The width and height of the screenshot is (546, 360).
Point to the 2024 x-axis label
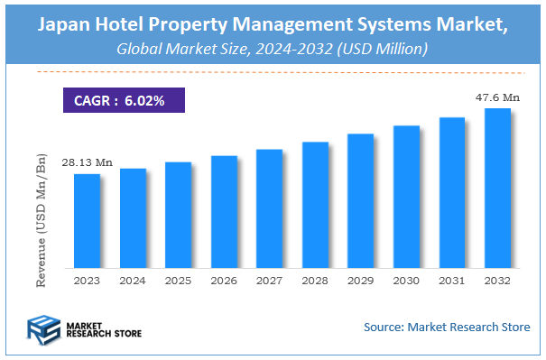point(133,282)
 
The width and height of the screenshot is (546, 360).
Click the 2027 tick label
point(269,282)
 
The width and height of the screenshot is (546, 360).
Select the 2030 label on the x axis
point(406,282)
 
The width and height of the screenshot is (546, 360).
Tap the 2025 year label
point(178,282)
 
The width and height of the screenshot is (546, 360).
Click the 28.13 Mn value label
point(87,162)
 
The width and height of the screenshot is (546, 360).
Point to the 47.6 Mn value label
point(497,97)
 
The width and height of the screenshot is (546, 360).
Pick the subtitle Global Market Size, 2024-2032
point(273,49)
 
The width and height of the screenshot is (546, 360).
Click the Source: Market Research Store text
point(447,327)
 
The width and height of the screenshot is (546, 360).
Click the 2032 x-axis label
point(497,282)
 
